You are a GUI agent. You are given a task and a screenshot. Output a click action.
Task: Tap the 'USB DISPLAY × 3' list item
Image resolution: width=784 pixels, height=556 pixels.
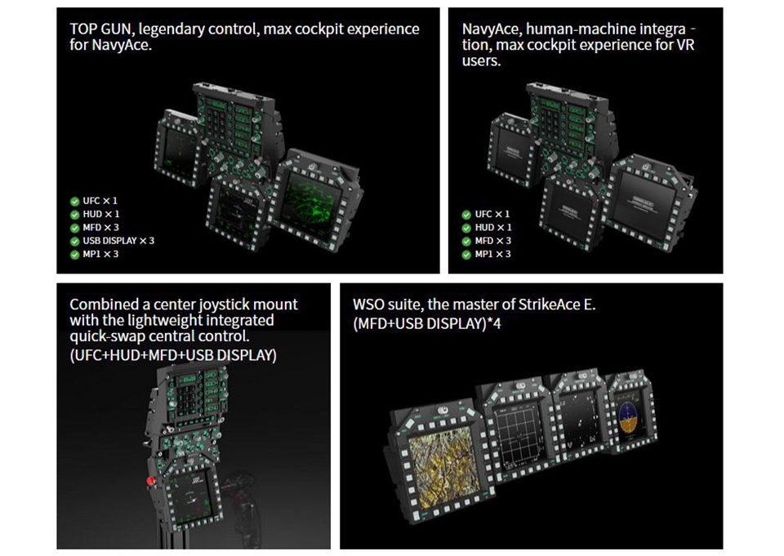118,241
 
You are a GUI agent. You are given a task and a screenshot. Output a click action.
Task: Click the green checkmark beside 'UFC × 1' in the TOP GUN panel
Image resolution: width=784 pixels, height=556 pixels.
75,202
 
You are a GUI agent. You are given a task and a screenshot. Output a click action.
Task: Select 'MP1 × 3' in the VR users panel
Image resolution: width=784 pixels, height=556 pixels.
492,255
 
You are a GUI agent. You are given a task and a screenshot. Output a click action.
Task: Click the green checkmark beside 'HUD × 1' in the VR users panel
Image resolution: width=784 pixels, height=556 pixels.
466,228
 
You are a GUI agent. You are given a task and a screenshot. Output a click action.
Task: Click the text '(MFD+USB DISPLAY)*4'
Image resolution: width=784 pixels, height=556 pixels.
426,324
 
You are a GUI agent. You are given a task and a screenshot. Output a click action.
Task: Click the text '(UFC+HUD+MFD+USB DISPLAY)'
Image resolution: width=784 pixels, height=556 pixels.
173,355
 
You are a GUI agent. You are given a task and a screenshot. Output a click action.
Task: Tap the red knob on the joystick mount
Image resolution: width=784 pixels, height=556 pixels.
150,481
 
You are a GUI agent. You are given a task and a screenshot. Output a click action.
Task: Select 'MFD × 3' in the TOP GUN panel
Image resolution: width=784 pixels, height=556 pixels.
100,228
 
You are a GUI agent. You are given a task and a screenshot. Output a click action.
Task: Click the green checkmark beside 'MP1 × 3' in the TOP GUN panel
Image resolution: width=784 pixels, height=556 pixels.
75,255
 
